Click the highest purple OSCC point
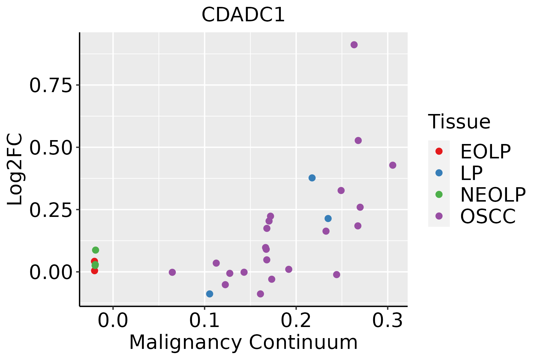coord(354,45)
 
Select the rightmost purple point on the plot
coord(393,165)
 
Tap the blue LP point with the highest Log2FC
coord(312,178)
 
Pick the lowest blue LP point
coord(210,294)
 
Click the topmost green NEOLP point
coord(96,250)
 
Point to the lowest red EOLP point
coord(94,271)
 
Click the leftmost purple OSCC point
coord(172,272)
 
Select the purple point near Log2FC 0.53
coord(358,140)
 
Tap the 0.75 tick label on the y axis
coord(51,85)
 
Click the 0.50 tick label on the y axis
coord(51,148)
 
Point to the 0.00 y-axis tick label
coord(51,272)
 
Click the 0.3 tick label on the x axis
coord(388,321)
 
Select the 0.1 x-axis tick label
coord(204,321)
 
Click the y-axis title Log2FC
coord(15,169)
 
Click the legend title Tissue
coord(459,122)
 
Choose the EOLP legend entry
coord(485,151)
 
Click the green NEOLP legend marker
coord(439,194)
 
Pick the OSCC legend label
coord(488,216)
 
